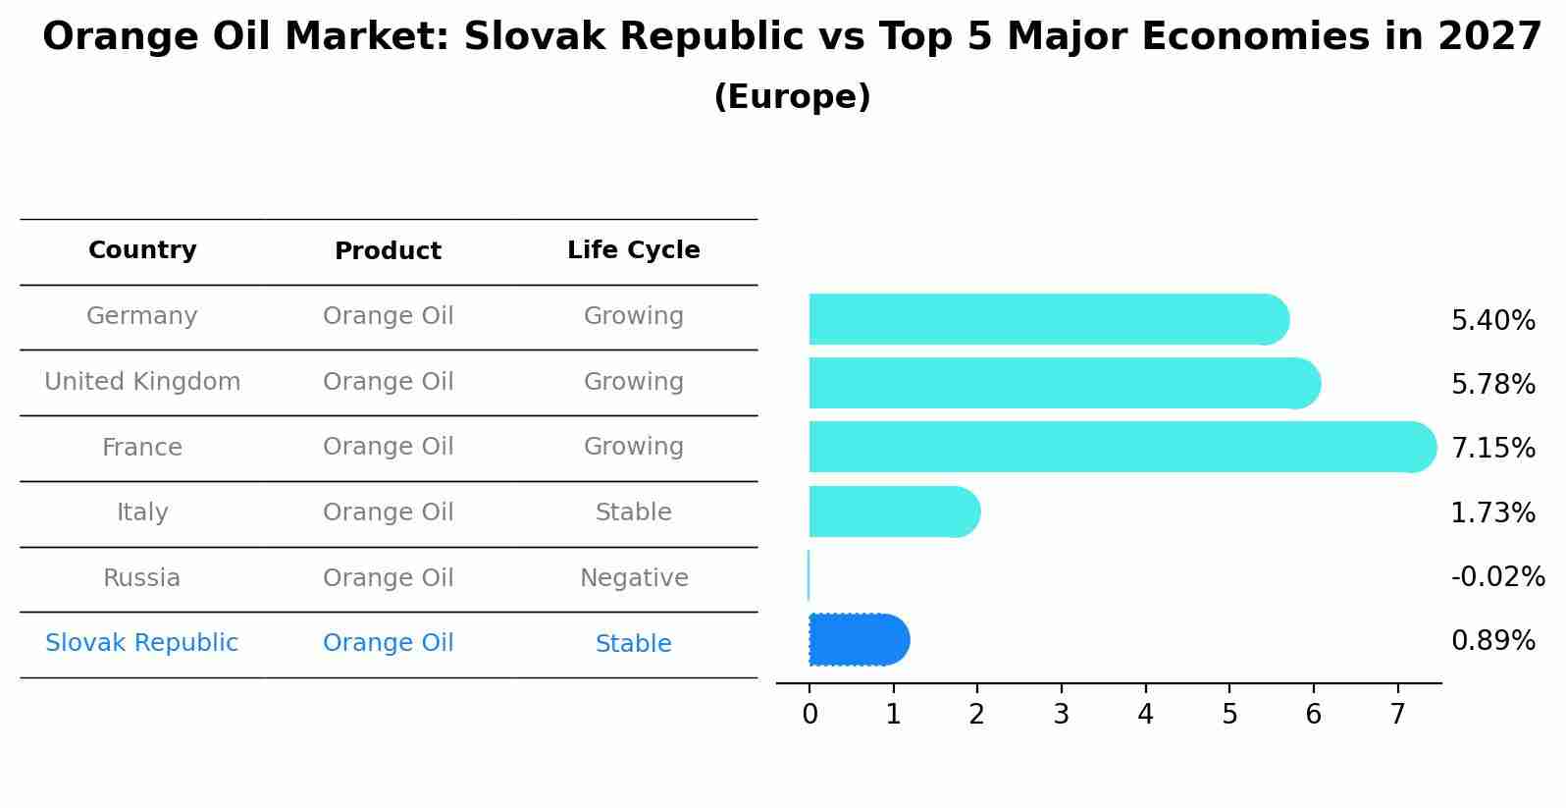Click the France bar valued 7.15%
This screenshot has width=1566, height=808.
(1119, 447)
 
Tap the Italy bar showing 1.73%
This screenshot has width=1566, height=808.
(893, 512)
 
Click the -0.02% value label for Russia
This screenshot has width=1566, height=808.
(1497, 577)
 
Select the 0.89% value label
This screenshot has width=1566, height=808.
(1492, 641)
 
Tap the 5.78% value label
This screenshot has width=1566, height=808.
(1492, 384)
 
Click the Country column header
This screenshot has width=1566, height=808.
(142, 250)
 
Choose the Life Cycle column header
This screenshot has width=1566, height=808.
(633, 250)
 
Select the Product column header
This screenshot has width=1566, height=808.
(388, 251)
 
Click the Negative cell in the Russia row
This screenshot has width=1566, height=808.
(633, 578)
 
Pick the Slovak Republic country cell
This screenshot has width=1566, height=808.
(141, 643)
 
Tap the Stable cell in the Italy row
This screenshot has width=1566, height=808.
(633, 512)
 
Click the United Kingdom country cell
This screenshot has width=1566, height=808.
(142, 382)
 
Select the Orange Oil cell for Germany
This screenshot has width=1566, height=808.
(388, 316)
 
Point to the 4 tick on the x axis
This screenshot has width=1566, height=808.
(1145, 715)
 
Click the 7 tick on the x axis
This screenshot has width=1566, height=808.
(1397, 715)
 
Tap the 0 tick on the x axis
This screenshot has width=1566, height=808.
(809, 715)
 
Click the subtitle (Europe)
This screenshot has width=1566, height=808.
(792, 97)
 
